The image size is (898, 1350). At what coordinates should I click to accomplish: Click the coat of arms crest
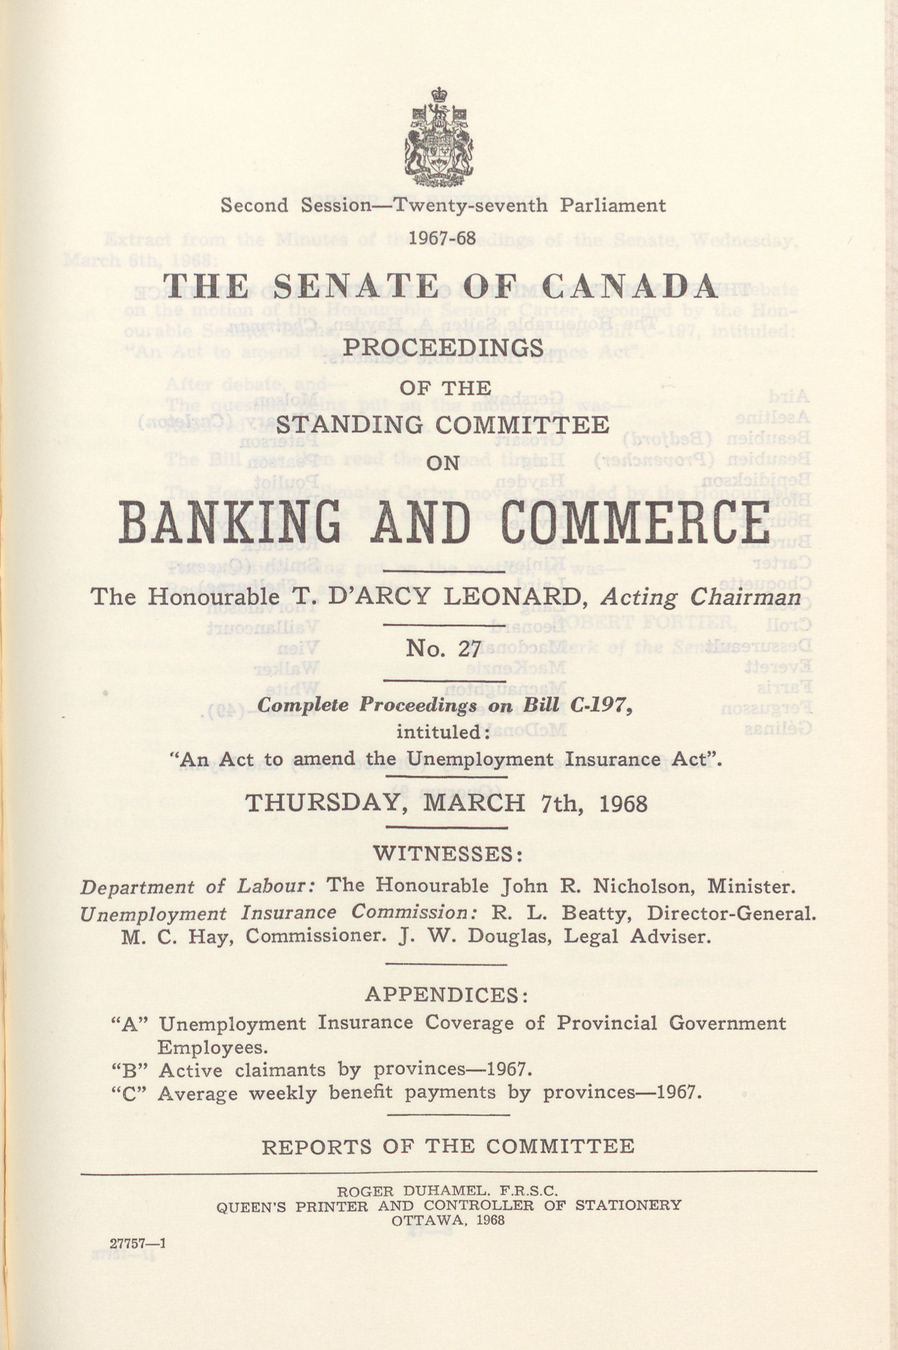(x=439, y=138)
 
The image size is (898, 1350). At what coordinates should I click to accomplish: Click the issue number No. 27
(x=442, y=649)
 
